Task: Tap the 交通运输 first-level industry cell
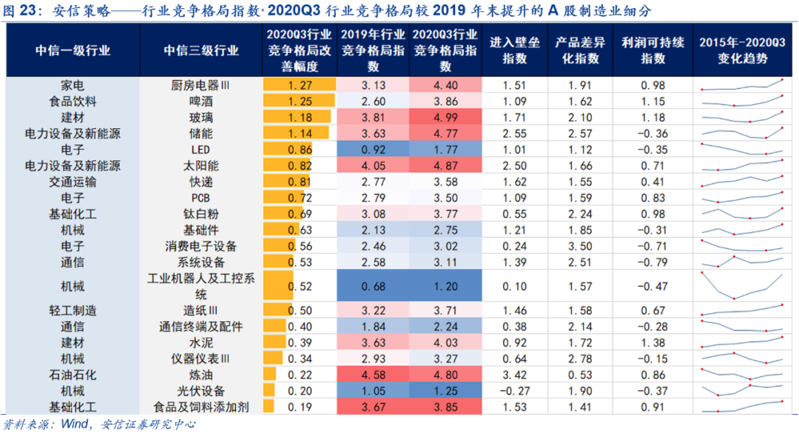tap(73, 182)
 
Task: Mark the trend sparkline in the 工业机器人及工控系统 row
tap(742, 286)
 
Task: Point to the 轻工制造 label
tap(73, 310)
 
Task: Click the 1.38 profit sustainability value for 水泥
tap(644, 343)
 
